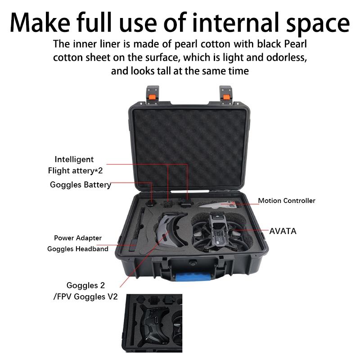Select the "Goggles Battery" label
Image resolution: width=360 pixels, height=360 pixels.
pos(80,184)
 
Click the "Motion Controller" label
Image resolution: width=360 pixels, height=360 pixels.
pos(287,201)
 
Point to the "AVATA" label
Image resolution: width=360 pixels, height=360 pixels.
pos(283,231)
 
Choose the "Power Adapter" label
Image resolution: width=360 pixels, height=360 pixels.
pos(78,238)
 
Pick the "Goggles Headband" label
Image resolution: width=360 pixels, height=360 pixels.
pos(78,249)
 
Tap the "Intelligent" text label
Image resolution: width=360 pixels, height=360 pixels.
pos(74,159)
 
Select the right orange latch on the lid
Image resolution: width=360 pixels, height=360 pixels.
pos(226,96)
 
